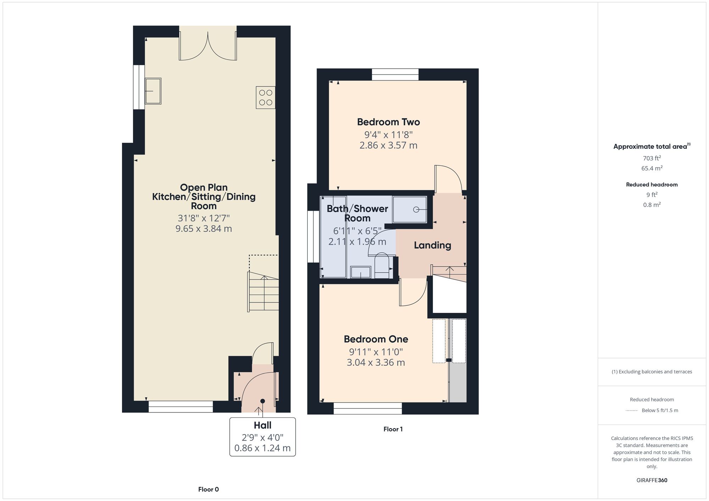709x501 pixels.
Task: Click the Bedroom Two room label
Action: (388, 122)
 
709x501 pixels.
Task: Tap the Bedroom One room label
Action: (376, 339)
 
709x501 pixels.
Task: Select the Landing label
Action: (432, 245)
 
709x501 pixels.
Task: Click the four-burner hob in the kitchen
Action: (266, 97)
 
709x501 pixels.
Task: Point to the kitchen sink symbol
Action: (153, 91)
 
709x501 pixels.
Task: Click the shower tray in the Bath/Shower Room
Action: (409, 209)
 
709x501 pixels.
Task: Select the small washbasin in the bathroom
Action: (361, 272)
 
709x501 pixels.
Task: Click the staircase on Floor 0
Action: (263, 291)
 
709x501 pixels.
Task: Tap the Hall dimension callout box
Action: (262, 437)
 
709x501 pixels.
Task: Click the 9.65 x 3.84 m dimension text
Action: (203, 229)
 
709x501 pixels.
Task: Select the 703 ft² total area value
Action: (652, 158)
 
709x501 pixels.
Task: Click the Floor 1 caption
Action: (393, 429)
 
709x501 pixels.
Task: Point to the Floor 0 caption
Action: (208, 489)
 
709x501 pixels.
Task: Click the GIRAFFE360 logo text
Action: (652, 480)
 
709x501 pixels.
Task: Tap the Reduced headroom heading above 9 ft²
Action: (652, 185)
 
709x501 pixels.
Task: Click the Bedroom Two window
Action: (395, 74)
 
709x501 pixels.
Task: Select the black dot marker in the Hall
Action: (262, 401)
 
